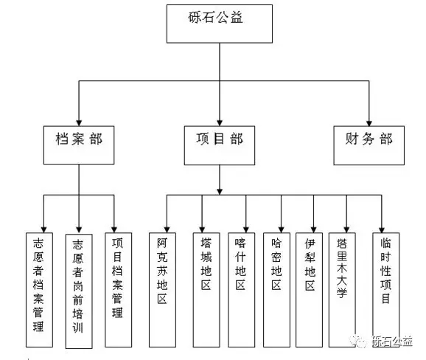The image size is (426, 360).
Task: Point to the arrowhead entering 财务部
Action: (369, 123)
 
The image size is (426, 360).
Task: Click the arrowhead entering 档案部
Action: (79, 123)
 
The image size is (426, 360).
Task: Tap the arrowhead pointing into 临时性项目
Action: (382, 229)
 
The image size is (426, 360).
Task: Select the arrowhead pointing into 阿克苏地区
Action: (167, 229)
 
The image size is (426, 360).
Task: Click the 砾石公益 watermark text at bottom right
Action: (392, 341)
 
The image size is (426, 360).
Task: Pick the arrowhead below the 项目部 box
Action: (220, 192)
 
